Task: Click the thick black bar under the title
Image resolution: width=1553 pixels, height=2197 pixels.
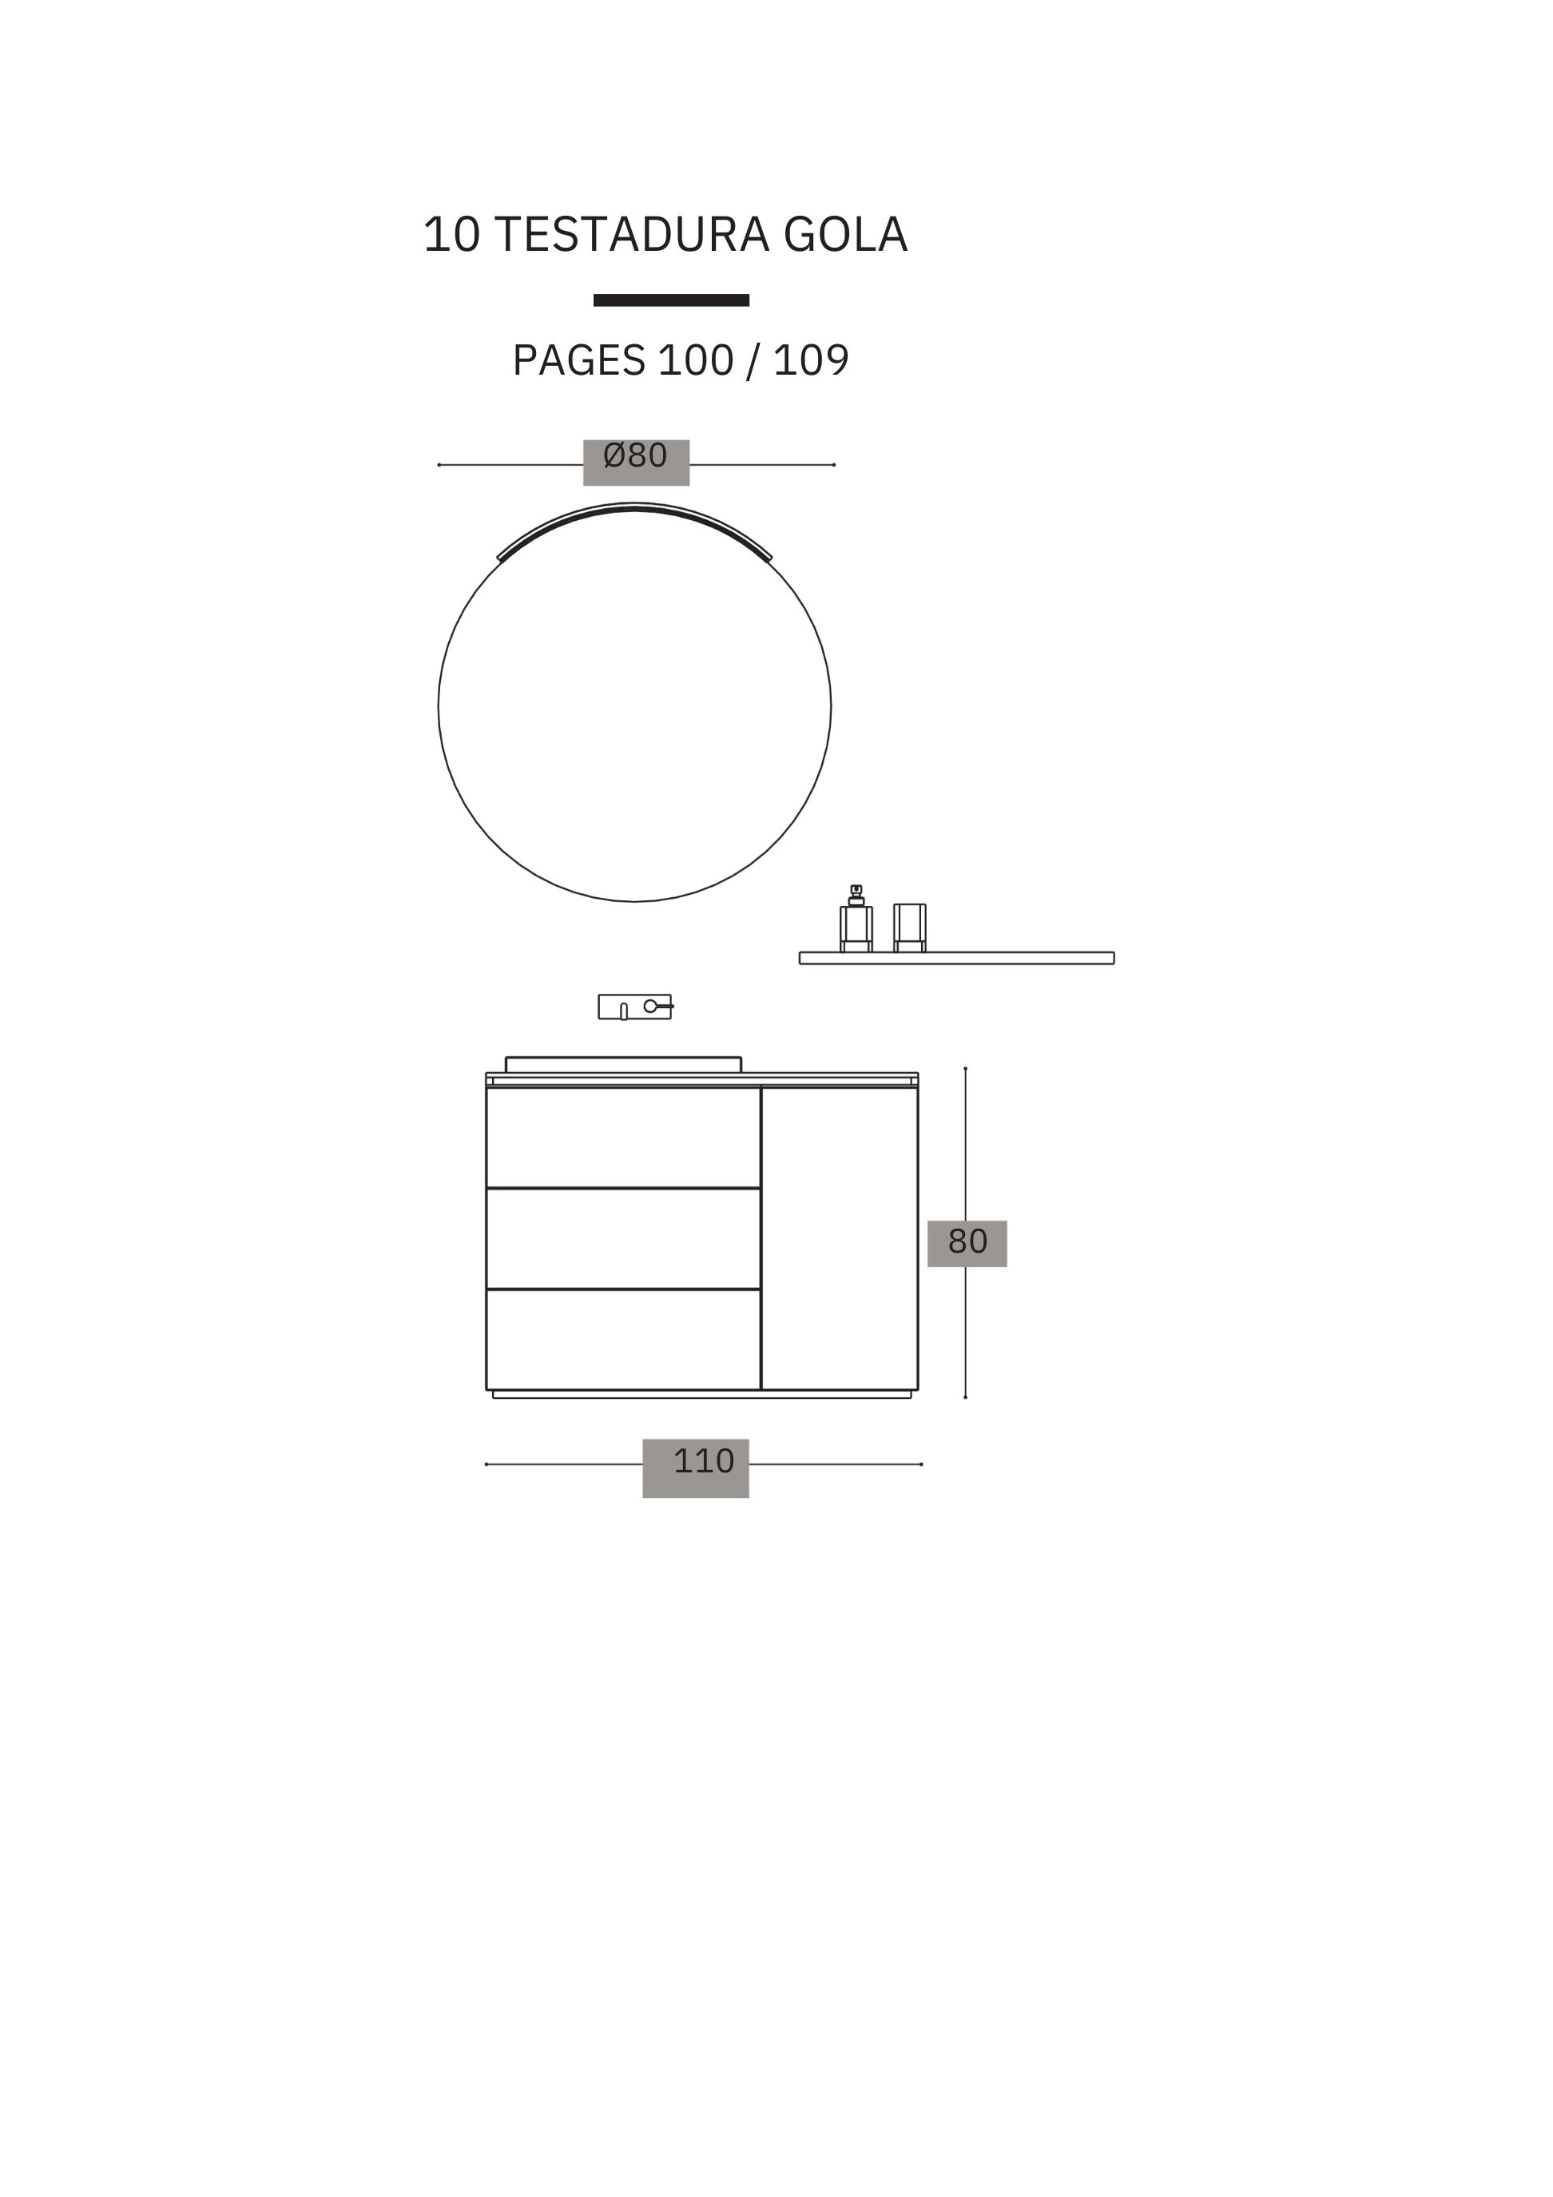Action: [671, 300]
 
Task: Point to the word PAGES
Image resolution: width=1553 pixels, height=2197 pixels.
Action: [579, 361]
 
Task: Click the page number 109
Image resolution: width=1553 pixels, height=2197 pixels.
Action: [811, 361]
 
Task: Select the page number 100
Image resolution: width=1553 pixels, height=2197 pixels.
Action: [696, 361]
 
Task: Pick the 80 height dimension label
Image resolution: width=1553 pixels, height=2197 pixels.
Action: [967, 1241]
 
